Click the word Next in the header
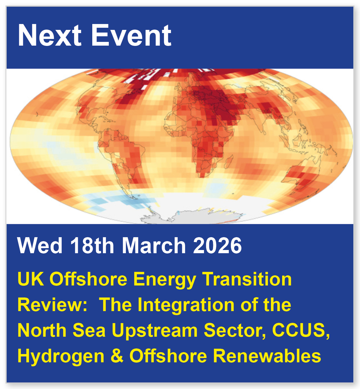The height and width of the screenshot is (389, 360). [x=49, y=35]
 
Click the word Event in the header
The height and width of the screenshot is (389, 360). [x=131, y=35]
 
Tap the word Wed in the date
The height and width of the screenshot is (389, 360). [x=40, y=245]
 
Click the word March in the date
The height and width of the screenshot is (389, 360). [x=154, y=245]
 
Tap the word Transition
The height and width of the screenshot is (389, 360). [x=247, y=279]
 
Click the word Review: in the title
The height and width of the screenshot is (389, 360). [x=52, y=305]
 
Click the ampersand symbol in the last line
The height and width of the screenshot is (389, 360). [x=117, y=356]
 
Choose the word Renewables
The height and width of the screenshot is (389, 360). [x=267, y=356]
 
